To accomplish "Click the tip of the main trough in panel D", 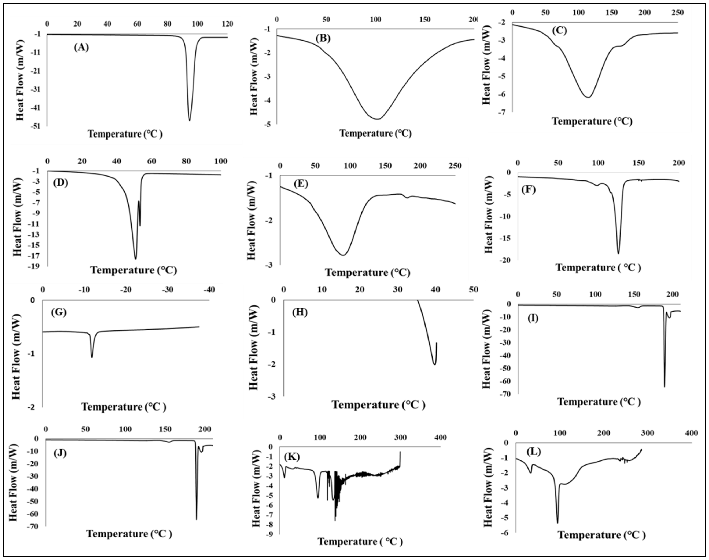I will (x=136, y=259).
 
